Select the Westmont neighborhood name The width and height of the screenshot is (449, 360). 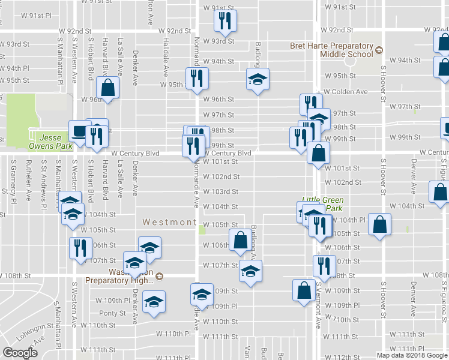click(x=169, y=222)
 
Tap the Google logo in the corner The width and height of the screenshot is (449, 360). click(x=20, y=353)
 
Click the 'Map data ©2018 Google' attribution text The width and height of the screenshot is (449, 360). click(x=412, y=355)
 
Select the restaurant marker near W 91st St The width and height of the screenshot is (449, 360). click(x=225, y=21)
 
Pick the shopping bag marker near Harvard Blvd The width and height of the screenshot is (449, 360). click(x=108, y=88)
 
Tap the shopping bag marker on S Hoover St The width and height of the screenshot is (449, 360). click(x=380, y=225)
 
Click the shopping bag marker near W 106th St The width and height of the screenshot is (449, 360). click(x=241, y=240)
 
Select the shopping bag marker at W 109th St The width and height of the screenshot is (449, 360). click(x=304, y=290)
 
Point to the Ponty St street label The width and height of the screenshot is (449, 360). click(x=113, y=313)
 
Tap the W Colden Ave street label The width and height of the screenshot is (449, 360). click(x=345, y=92)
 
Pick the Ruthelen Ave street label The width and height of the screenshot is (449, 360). click(x=28, y=179)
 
